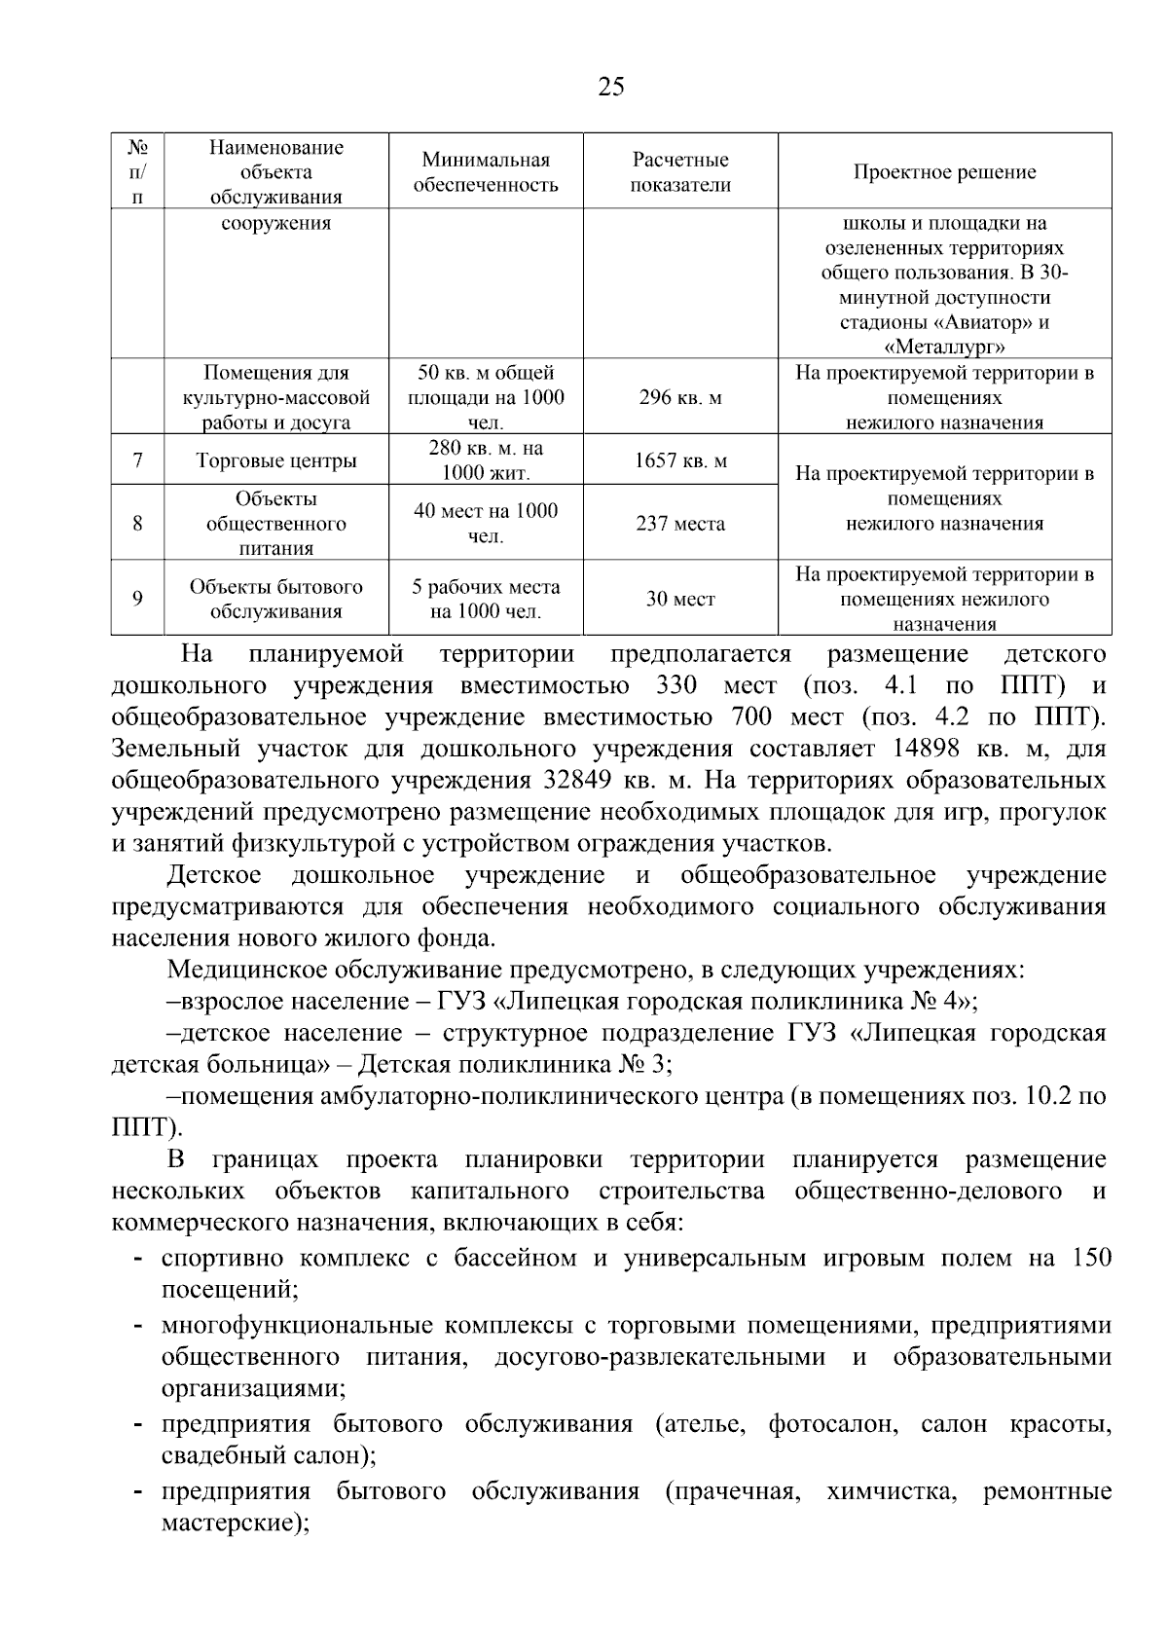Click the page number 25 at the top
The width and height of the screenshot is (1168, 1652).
611,88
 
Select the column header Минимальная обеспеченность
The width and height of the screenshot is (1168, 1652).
486,172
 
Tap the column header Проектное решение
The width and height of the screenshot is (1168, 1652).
944,172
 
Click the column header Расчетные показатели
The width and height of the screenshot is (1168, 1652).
680,172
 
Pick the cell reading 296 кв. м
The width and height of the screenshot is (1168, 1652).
680,398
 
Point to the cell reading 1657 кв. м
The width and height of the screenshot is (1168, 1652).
680,460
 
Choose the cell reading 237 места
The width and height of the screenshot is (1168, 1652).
680,524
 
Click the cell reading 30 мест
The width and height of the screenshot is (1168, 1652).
680,599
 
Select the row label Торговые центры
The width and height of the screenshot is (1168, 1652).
276,460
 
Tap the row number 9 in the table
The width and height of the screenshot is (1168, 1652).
137,598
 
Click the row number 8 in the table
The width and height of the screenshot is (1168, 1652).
137,523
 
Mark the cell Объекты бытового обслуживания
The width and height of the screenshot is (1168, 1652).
276,599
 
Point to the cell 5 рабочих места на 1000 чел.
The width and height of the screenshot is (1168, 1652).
486,599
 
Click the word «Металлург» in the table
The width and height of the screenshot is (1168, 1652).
944,348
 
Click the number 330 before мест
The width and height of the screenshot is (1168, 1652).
676,685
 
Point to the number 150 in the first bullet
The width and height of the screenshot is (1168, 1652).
1091,1258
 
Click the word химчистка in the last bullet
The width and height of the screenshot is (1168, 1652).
888,1491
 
